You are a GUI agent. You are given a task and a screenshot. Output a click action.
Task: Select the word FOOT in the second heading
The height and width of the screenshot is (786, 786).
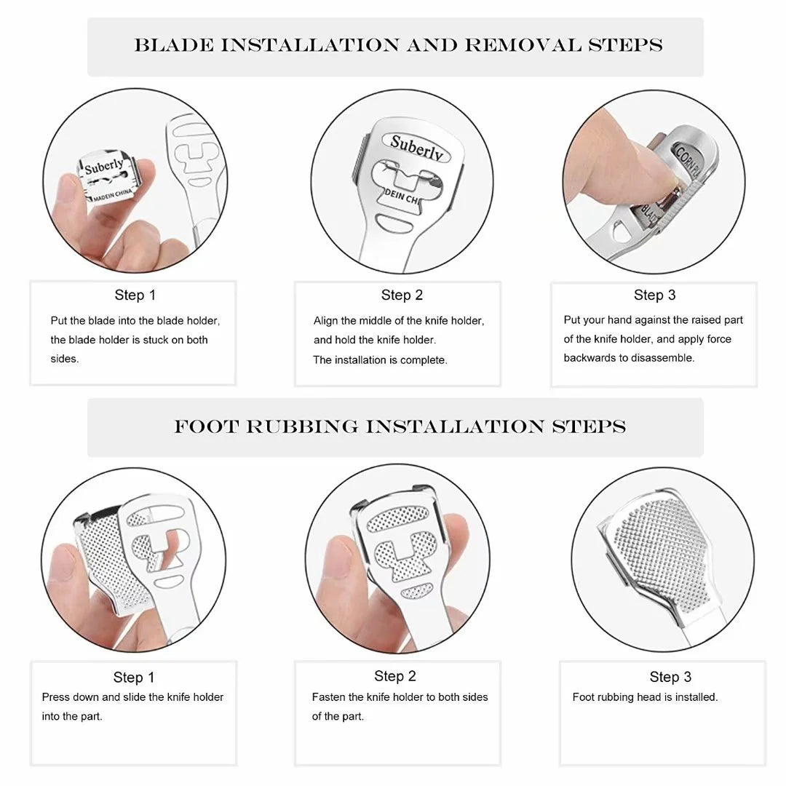pos(206,426)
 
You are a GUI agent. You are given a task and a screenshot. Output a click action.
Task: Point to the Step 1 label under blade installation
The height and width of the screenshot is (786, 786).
pos(135,295)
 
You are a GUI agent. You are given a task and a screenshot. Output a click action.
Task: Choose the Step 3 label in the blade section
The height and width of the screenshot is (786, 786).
pos(654,295)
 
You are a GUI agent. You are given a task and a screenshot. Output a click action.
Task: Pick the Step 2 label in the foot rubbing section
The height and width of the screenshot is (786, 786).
pos(395,676)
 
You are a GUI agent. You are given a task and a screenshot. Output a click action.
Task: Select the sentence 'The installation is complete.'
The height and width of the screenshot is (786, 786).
pos(380,360)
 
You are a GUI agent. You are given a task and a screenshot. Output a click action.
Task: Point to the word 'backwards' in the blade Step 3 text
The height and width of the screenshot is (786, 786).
pos(588,358)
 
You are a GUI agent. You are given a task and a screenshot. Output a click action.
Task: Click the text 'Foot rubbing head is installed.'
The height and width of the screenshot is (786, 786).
pos(645,696)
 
